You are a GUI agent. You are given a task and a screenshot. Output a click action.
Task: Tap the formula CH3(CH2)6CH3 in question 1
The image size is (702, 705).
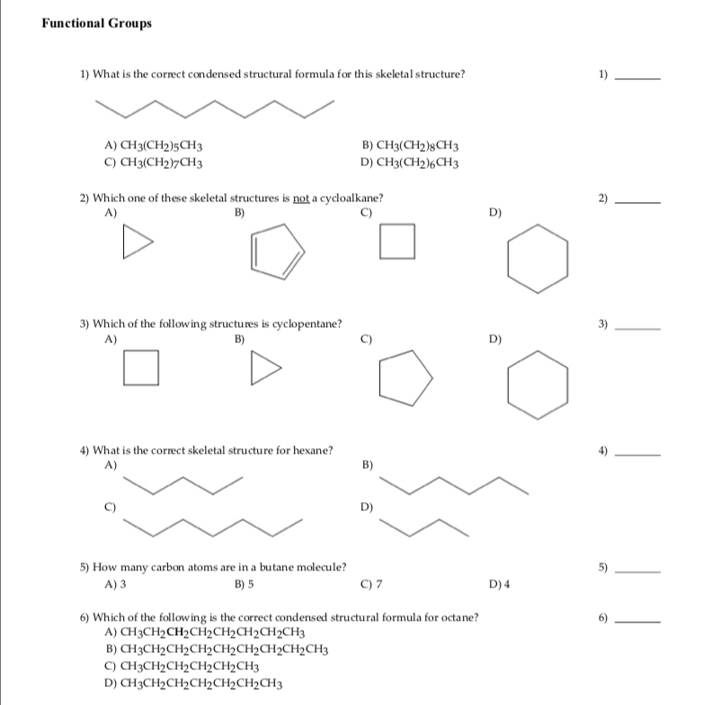tap(411, 163)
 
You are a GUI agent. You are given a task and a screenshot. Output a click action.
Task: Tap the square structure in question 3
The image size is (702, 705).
tap(141, 368)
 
